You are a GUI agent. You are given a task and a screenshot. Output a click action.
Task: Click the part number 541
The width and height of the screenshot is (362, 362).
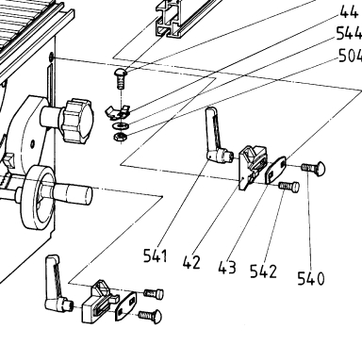point(156,255)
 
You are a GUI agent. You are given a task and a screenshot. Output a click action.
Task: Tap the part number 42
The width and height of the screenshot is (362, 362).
point(191,262)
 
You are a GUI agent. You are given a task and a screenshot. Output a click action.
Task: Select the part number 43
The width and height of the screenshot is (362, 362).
point(227,268)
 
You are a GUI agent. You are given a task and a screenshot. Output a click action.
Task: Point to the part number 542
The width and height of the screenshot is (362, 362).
point(263,271)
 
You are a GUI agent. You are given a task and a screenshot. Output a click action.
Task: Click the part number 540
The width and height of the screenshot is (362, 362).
point(310,278)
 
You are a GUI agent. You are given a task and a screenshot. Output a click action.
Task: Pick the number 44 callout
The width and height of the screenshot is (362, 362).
point(349,12)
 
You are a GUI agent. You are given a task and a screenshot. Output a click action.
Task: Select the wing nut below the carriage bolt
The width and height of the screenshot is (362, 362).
point(118,112)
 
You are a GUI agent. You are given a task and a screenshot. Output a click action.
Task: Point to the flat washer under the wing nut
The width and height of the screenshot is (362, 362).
point(120,126)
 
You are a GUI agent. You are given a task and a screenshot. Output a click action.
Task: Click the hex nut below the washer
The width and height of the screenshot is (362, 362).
point(120,137)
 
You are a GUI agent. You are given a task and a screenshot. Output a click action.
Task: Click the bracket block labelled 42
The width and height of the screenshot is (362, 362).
point(253,167)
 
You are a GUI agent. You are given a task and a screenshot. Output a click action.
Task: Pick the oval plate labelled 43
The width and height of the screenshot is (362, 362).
point(276,170)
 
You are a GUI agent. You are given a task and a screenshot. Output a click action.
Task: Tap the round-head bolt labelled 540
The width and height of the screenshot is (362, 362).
point(313,168)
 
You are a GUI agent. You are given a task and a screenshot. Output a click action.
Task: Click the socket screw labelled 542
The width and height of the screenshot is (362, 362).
point(288,187)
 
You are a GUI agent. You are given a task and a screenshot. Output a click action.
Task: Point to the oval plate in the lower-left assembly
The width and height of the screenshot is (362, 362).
point(126,306)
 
